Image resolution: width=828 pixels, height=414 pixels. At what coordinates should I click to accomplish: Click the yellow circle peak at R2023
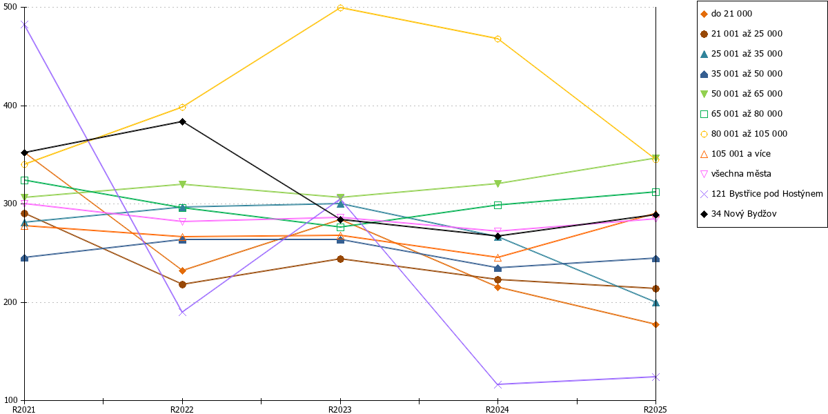click(x=340, y=8)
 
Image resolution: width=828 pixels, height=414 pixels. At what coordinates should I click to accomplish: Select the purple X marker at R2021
click(x=24, y=25)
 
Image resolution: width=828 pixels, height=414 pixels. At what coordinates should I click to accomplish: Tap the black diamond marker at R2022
click(x=182, y=121)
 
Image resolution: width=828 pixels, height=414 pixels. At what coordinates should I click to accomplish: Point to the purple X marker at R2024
click(x=498, y=385)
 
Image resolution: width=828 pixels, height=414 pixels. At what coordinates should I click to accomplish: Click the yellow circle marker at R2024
click(x=498, y=39)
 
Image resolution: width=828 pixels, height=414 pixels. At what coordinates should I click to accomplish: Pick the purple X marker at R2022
click(x=182, y=313)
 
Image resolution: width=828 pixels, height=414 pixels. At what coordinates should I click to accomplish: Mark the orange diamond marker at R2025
click(x=655, y=324)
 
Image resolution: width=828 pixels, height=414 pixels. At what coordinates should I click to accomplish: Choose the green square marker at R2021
click(x=24, y=180)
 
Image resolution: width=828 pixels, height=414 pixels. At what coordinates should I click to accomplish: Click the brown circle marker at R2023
click(x=340, y=259)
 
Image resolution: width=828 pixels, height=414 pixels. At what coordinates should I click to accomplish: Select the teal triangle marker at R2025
click(x=655, y=303)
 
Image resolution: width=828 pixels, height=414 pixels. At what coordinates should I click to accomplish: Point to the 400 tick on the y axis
click(x=22, y=106)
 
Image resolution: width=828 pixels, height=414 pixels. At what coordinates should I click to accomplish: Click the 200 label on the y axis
click(x=10, y=302)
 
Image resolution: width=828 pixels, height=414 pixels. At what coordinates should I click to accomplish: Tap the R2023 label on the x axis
click(x=340, y=409)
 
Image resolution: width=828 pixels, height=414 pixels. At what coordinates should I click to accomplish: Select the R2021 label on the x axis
click(x=24, y=409)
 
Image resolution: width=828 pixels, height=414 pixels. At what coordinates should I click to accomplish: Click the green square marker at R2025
click(x=655, y=193)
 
